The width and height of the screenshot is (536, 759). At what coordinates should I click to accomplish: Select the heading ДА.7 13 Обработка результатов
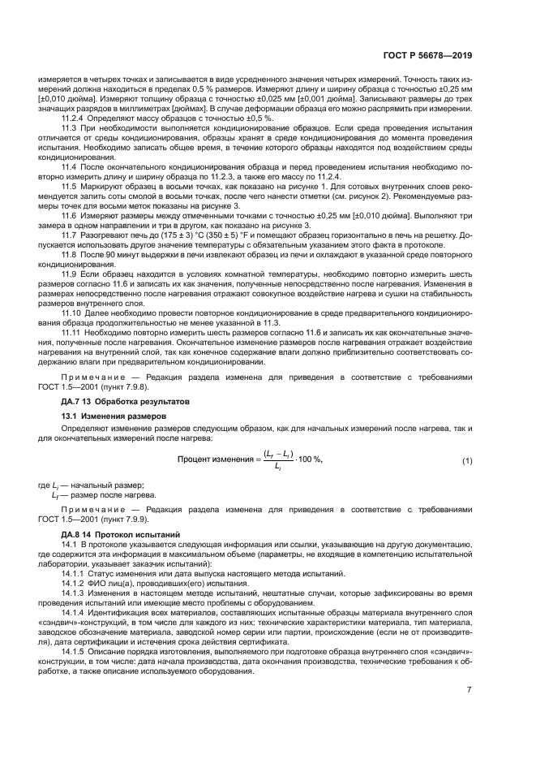click(x=125, y=401)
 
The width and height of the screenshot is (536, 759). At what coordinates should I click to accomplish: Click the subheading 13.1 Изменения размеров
click(x=113, y=416)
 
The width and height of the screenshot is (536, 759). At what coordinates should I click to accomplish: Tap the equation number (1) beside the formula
click(x=467, y=461)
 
